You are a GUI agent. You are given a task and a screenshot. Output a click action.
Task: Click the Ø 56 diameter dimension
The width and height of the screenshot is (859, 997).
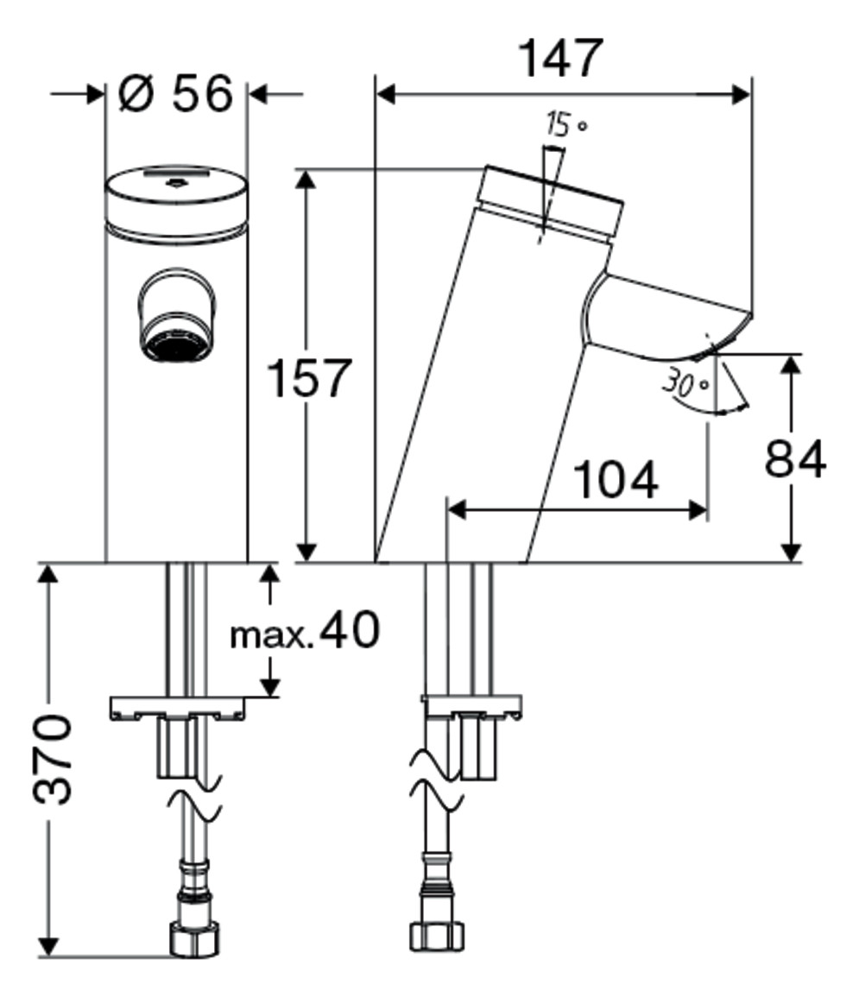coord(175,94)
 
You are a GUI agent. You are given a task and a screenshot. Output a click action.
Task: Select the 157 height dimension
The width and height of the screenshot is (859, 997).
coord(308,378)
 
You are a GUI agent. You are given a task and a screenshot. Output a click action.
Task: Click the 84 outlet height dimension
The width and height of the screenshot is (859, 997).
coord(795,458)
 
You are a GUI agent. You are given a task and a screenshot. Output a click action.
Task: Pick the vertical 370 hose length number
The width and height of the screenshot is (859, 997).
coord(53,759)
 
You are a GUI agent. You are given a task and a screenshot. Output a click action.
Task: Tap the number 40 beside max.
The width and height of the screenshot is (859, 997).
coord(349,629)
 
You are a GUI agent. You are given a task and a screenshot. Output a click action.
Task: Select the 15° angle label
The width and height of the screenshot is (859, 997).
coord(565,124)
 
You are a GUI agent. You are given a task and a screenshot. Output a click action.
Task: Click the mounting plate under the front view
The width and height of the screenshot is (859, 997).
coord(177,709)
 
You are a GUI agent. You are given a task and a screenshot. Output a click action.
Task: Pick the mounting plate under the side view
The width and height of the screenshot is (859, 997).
coord(471,706)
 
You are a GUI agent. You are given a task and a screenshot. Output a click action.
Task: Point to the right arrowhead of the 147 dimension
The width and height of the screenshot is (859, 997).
coord(742,95)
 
